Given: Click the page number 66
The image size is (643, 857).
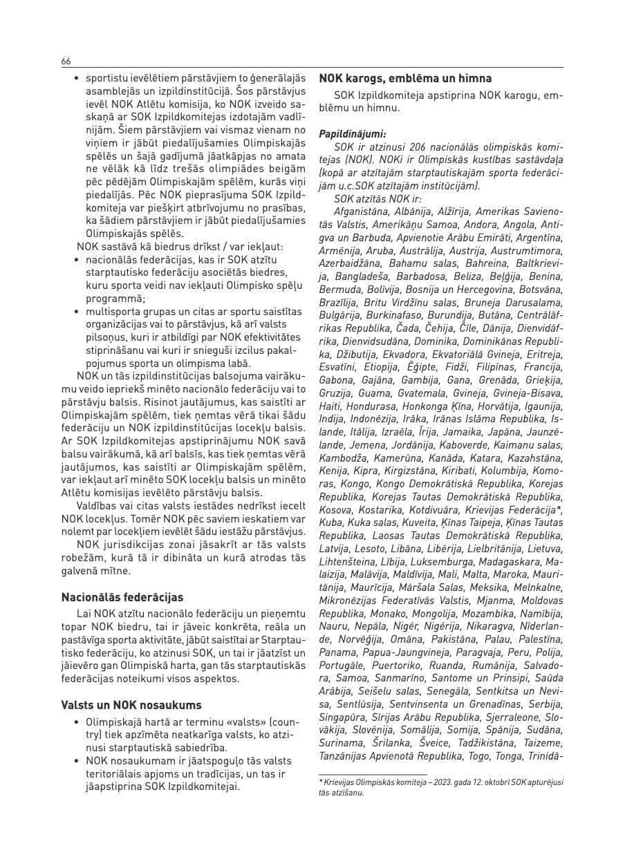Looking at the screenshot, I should [x=66, y=62].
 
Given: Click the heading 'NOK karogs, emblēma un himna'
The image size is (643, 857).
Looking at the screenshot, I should [x=405, y=79].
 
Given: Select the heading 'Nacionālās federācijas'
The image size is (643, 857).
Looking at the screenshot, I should [x=122, y=597].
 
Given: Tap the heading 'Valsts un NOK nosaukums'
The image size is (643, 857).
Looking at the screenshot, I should [x=131, y=705].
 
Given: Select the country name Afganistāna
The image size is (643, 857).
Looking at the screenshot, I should [x=358, y=210].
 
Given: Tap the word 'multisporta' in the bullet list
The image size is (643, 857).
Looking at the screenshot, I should [x=111, y=312].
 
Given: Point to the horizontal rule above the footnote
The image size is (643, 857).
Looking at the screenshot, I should [x=363, y=774].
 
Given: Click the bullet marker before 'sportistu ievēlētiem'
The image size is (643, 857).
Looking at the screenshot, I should [x=77, y=79].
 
